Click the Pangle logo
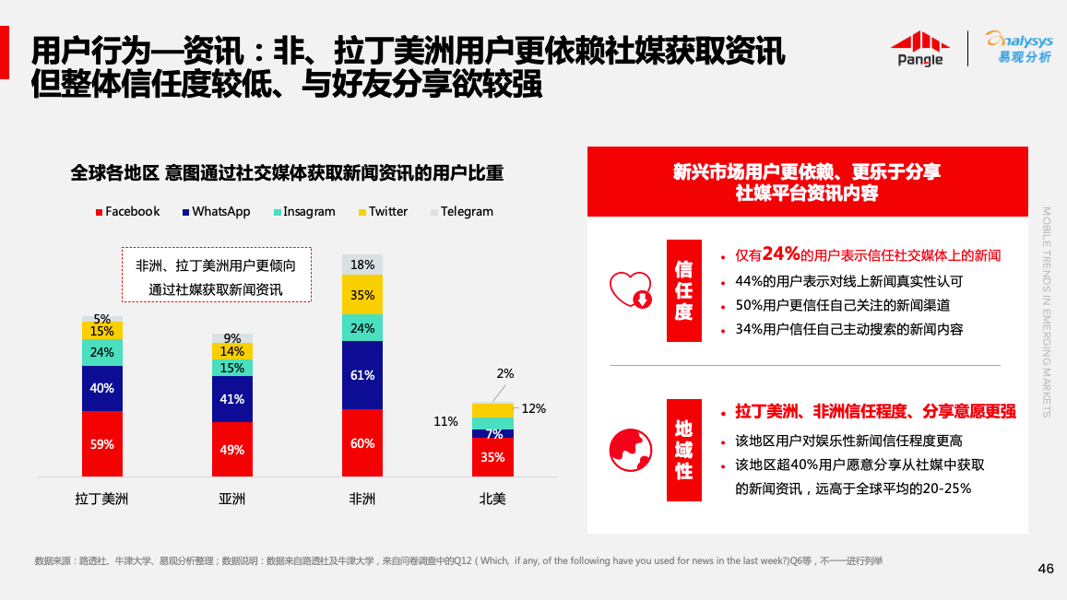pos(920,48)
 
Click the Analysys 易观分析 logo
pos(1017,47)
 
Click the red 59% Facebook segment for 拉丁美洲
pos(102,443)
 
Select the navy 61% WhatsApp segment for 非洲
pos(362,375)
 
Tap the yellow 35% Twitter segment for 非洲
pos(362,295)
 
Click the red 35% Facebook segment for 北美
pos(492,457)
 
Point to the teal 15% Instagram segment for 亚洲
pos(231,368)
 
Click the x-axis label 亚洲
pos(231,499)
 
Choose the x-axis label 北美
pos(492,499)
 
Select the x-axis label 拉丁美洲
pos(102,499)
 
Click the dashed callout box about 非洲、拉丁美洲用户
pos(217,275)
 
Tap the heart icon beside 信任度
pos(631,289)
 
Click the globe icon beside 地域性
pos(631,450)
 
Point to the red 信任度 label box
pos(683,290)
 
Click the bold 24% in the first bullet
pos(780,253)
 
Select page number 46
pos(1045,569)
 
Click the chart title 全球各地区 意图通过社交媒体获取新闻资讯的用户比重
pos(287,172)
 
